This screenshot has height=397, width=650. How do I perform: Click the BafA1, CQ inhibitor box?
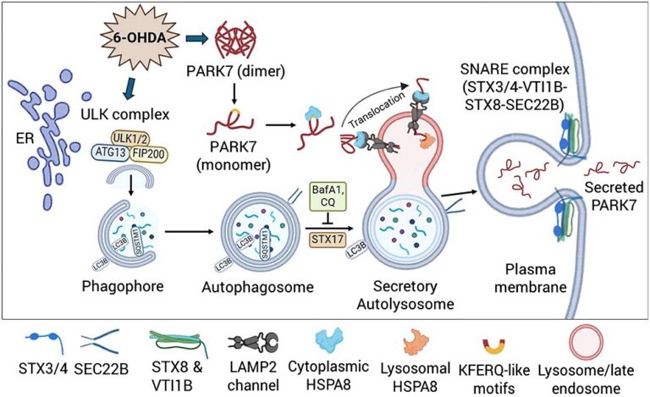click(326, 203)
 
